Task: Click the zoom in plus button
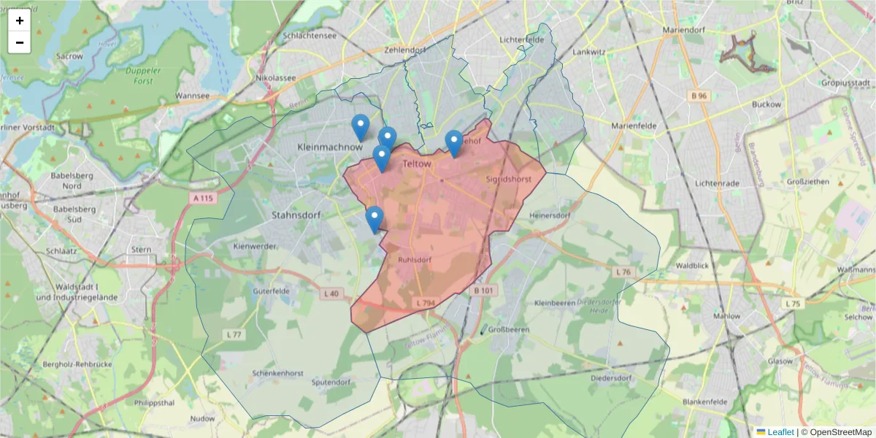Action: tap(20, 20)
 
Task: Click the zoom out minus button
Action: tap(20, 42)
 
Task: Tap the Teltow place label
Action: tap(418, 165)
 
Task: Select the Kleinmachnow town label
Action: tap(330, 147)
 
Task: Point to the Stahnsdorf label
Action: tap(296, 215)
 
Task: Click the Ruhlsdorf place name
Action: tap(416, 259)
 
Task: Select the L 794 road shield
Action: tap(424, 302)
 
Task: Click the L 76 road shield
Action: tap(623, 272)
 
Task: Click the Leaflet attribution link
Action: tap(780, 432)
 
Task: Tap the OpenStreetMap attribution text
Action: tap(837, 432)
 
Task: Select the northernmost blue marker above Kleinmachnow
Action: tap(360, 127)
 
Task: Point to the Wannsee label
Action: tap(193, 96)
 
